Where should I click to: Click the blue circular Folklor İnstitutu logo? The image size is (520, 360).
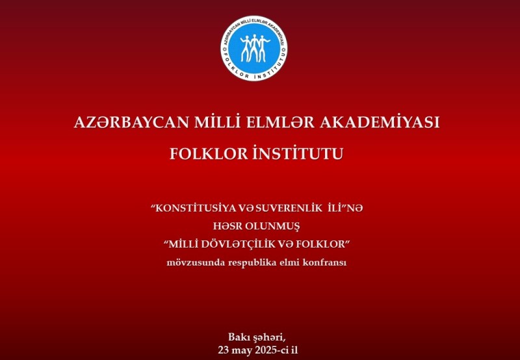tap(254, 48)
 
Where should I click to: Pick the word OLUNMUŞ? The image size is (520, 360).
tap(272, 227)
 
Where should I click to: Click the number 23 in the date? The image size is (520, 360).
tap(223, 350)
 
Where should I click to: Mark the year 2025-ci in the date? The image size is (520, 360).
tap(272, 350)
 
